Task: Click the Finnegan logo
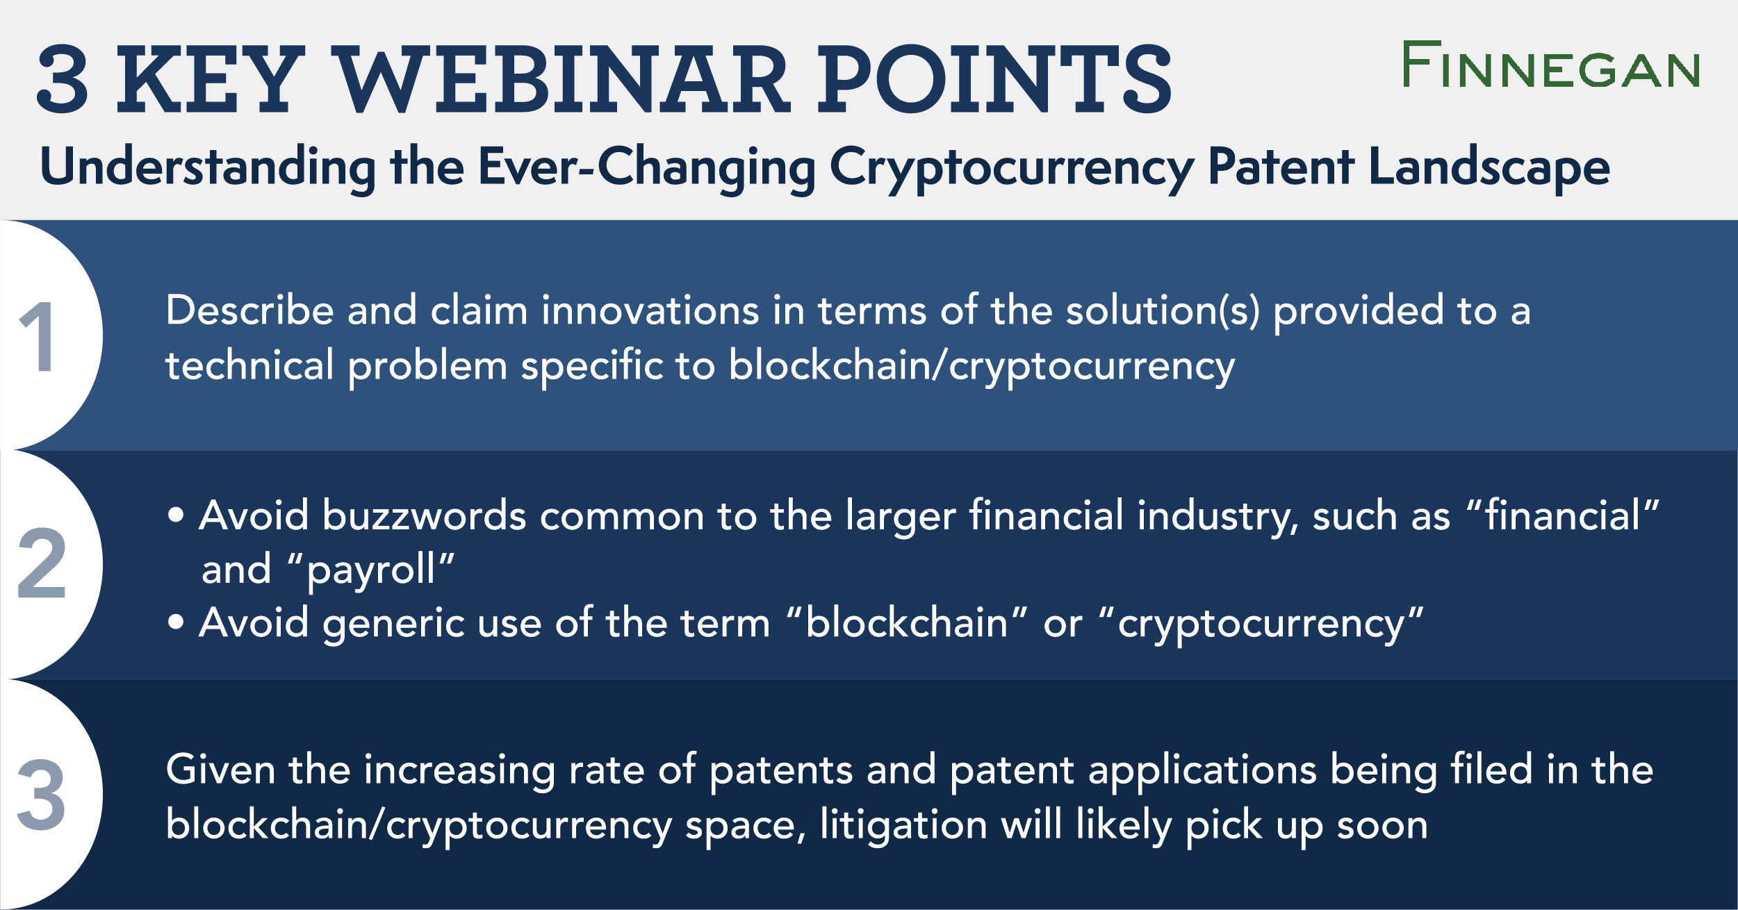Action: [1551, 65]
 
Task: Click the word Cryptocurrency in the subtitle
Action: [1011, 168]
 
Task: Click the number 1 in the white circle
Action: [38, 337]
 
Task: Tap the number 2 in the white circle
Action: [42, 564]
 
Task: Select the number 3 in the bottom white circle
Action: [42, 795]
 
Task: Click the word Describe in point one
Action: [249, 311]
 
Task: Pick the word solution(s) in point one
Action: [1163, 311]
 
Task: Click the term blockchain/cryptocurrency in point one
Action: [981, 367]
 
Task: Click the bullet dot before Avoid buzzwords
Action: [176, 515]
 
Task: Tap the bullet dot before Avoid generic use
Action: [176, 622]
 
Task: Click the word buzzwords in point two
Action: [424, 516]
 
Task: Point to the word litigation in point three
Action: [903, 825]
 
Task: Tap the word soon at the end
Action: [1382, 825]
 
